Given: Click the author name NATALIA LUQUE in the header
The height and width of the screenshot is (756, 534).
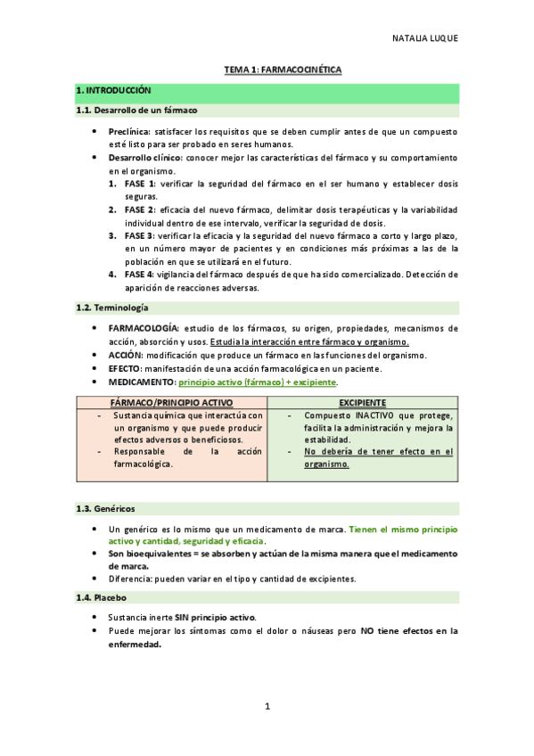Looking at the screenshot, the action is click(425, 39).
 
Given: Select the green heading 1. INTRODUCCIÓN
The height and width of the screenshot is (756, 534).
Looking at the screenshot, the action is click(113, 90).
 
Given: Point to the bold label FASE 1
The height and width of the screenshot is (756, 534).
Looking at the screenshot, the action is click(140, 183).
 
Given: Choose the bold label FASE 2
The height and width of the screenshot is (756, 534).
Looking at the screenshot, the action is click(140, 210).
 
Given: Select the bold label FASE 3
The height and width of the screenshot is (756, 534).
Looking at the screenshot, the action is click(140, 235).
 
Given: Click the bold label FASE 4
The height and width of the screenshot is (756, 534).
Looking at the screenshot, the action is click(140, 275).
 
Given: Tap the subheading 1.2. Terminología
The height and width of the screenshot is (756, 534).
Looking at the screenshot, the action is click(111, 308).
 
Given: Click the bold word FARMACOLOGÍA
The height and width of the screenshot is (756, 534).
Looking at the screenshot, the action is click(144, 328).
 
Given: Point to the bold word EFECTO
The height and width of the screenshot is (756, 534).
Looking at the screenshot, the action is click(127, 368).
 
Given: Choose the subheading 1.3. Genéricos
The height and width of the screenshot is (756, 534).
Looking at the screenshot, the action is click(106, 508).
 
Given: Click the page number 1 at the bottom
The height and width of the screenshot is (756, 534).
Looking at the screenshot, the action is click(267, 707).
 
